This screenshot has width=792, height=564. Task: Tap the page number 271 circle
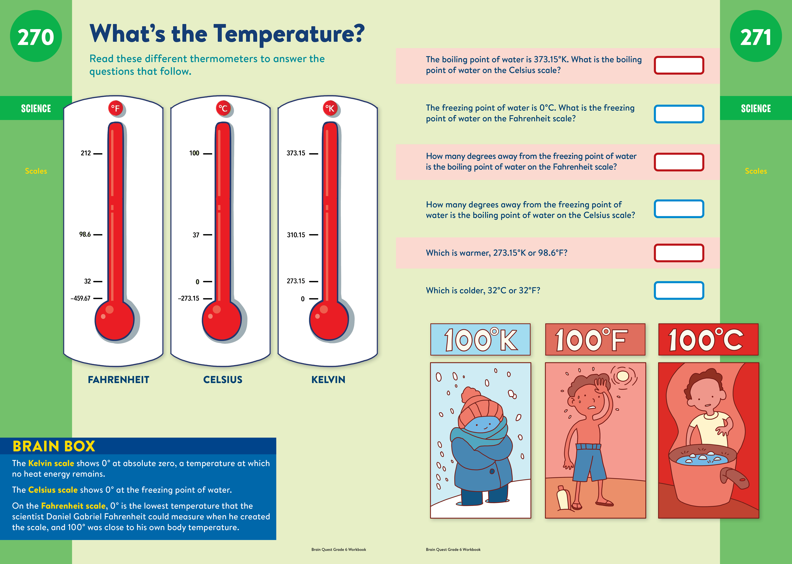coord(756,36)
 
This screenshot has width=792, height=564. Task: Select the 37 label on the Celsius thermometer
coord(196,235)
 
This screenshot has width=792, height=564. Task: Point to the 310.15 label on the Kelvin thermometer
coord(296,235)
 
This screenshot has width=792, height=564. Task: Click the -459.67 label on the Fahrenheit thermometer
coord(80,298)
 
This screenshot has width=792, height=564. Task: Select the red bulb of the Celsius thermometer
coord(222,320)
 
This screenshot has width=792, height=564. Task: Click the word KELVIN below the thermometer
coord(328,380)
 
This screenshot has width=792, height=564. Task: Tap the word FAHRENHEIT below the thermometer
coord(118,380)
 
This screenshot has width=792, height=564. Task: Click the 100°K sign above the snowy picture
coord(480,339)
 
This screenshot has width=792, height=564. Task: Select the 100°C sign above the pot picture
coord(708,339)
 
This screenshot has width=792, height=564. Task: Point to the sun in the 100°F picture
coord(623,376)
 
